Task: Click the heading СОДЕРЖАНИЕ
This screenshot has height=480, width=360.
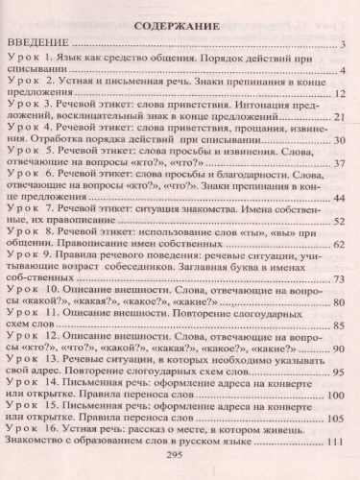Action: [180, 25]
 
